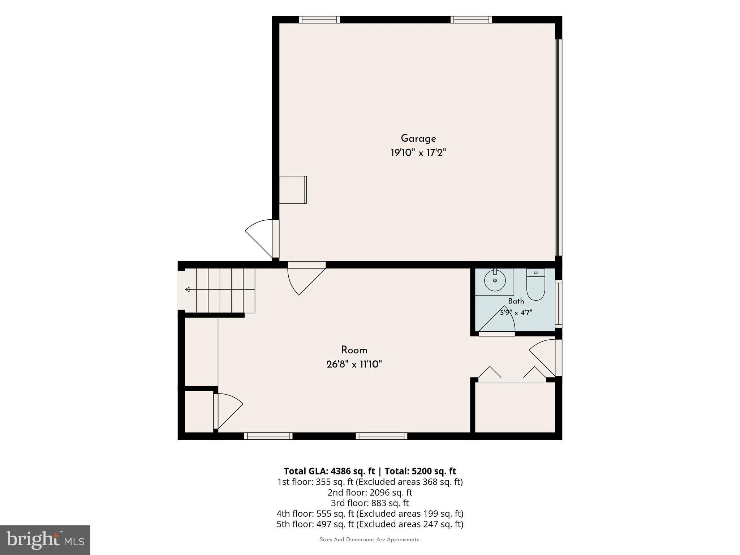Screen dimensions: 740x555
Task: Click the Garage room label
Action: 418,139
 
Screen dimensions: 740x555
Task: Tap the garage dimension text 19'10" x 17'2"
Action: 418,153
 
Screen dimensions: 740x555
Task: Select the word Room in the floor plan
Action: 354,350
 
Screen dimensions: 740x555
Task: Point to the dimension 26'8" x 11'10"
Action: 354,364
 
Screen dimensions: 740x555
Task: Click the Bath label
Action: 516,301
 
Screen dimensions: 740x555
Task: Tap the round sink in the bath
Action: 495,281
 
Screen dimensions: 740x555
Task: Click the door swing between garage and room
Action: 306,281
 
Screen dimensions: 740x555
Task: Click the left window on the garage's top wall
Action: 319,20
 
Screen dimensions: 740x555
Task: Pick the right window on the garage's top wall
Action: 471,20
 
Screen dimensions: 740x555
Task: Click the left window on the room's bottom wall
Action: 268,436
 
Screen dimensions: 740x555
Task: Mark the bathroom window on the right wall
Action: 559,304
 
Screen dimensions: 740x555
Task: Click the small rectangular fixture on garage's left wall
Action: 293,190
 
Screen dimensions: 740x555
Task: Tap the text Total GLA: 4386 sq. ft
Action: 330,471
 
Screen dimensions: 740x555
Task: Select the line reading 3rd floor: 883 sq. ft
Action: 370,503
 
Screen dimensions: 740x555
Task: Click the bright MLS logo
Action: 45,540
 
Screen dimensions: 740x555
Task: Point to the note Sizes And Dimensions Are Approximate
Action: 370,540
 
